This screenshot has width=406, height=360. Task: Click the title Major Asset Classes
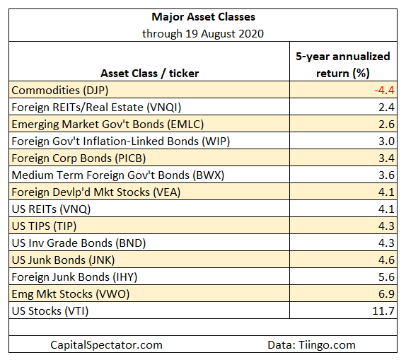pos(203,17)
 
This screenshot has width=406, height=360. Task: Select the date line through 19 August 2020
pos(203,34)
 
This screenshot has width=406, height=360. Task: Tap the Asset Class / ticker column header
pos(150,74)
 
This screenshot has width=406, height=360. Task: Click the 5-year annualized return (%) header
pos(343,65)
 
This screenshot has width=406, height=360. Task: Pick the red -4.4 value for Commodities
pos(384,91)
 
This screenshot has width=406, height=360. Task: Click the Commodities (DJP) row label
pos(60,91)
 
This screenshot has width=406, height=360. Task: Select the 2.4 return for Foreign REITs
pos(387,108)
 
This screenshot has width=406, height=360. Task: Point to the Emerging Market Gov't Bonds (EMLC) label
pos(108,124)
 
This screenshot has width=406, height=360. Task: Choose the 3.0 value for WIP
pos(387,141)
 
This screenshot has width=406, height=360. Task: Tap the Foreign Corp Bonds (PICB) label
pos(79,158)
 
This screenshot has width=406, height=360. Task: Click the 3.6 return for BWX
pos(387,175)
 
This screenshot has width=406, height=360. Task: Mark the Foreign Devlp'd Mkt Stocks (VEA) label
pos(96,192)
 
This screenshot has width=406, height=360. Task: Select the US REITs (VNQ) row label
pos(51,209)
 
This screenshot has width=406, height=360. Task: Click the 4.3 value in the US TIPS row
pos(387,226)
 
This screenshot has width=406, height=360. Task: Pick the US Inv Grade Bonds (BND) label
pos(79,243)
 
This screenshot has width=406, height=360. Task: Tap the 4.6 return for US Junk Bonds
pos(387,260)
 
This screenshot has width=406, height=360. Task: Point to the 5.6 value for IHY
pos(387,277)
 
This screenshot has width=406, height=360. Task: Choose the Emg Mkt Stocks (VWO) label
pos(71,294)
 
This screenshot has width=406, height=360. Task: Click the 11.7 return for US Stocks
pos(383,311)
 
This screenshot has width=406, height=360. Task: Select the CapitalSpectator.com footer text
pos(106,345)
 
